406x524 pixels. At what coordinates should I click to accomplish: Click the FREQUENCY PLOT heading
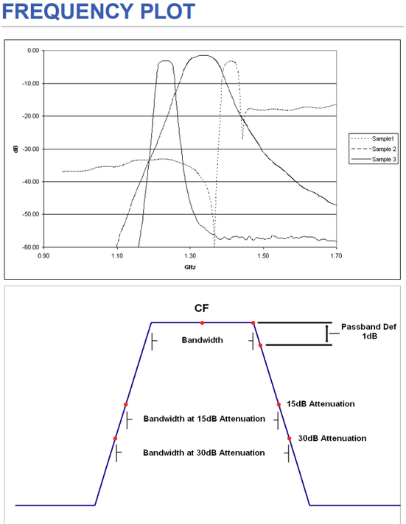(x=98, y=13)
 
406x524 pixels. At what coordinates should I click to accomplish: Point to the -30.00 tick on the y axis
(x=32, y=149)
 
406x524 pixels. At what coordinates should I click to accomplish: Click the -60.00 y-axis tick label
(x=32, y=247)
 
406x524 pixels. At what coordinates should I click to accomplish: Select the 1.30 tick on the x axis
(x=189, y=256)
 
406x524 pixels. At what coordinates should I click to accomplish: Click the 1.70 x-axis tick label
(x=336, y=256)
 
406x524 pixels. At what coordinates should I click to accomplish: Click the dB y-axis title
(x=16, y=149)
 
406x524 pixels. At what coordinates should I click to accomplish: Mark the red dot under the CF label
(x=202, y=322)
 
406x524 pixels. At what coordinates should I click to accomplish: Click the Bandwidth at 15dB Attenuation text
(x=204, y=419)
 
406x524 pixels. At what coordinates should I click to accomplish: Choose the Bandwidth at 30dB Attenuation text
(x=204, y=453)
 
